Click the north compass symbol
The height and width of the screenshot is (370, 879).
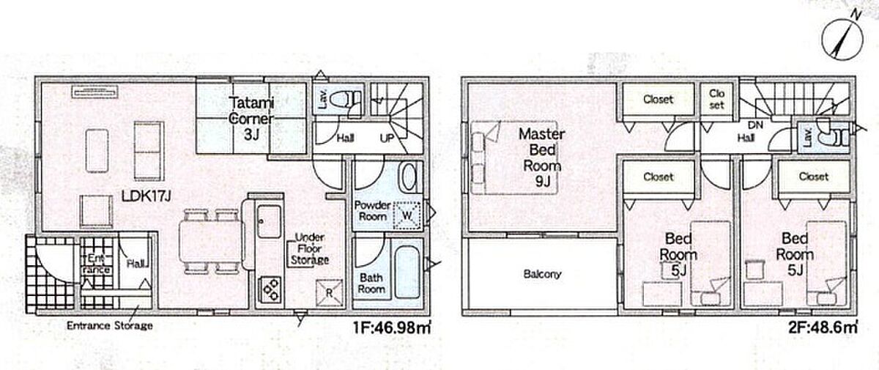(842, 40)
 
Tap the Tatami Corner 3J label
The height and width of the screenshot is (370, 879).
(251, 119)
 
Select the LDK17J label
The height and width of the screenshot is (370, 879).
(146, 196)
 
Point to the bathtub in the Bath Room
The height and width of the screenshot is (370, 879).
(407, 273)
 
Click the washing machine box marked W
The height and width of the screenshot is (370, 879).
(407, 215)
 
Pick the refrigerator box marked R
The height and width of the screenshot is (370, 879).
(329, 293)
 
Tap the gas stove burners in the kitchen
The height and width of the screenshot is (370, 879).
(270, 289)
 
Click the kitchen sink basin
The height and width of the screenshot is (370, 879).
(269, 221)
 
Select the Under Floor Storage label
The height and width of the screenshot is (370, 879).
(310, 248)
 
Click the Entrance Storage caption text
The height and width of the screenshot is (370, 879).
(109, 325)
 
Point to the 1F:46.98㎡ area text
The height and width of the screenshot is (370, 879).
(391, 328)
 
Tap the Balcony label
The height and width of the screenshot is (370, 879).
(542, 274)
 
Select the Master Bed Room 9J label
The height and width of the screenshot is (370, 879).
(542, 158)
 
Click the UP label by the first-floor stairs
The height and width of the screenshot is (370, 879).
(387, 138)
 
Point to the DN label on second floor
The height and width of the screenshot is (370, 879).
(755, 125)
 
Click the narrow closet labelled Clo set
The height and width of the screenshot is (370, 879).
(717, 99)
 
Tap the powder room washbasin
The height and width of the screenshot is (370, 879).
(409, 178)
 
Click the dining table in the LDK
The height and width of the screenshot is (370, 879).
(211, 240)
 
